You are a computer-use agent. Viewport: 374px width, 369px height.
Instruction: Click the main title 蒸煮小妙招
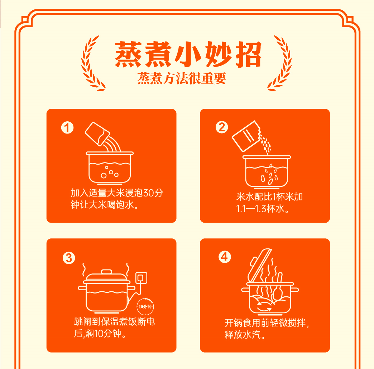click(x=188, y=54)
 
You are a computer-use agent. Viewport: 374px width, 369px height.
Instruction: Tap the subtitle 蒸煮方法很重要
click(x=182, y=78)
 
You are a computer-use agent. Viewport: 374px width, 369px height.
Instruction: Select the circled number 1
click(x=67, y=128)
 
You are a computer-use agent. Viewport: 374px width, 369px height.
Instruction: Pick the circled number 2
click(x=222, y=127)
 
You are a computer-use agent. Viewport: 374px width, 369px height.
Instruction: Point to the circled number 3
click(x=69, y=258)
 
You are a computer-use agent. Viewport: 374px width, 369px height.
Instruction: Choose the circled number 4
click(x=225, y=257)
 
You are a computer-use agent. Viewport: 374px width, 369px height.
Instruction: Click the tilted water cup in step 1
click(x=97, y=134)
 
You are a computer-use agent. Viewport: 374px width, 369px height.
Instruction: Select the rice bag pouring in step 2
click(x=246, y=136)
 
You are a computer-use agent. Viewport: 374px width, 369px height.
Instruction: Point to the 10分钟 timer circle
click(x=145, y=307)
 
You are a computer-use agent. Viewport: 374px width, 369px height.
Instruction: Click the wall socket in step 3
click(x=141, y=278)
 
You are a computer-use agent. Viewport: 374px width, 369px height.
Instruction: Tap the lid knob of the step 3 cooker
click(x=107, y=272)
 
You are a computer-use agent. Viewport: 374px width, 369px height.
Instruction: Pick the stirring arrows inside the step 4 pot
click(x=264, y=307)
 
